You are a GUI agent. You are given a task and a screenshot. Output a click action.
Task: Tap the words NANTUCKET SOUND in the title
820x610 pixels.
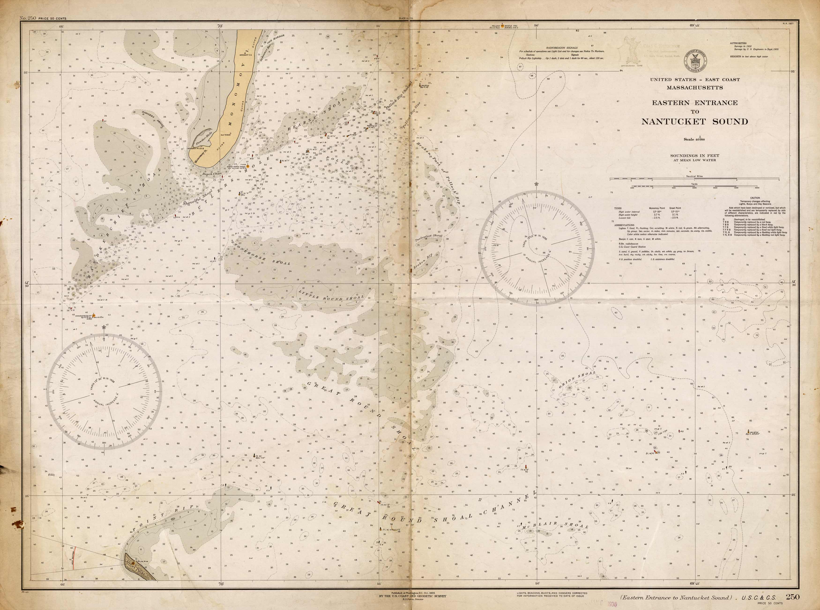pyautogui.click(x=694, y=122)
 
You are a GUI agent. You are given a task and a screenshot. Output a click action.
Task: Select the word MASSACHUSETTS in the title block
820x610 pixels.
pyautogui.click(x=694, y=88)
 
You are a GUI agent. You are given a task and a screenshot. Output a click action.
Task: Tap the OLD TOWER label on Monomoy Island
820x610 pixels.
pyautogui.click(x=225, y=135)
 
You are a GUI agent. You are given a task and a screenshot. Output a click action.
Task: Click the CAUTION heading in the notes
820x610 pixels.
pyautogui.click(x=755, y=198)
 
